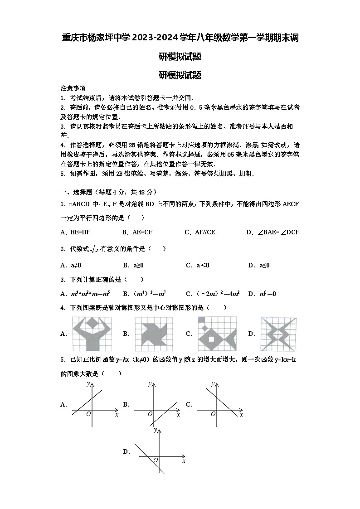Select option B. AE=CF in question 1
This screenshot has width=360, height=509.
pyautogui.click(x=137, y=232)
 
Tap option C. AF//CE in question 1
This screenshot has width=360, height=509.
pyautogui.click(x=200, y=232)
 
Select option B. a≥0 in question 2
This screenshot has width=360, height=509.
pyautogui.click(x=133, y=265)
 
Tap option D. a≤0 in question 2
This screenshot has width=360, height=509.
pyautogui.click(x=259, y=265)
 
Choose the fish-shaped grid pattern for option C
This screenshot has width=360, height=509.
pyautogui.click(x=217, y=334)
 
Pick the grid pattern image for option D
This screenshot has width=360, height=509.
pyautogui.click(x=279, y=334)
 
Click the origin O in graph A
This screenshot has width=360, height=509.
pyautogui.click(x=88, y=414)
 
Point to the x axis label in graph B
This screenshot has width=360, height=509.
pyautogui.click(x=179, y=415)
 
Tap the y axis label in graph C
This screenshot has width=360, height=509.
pyautogui.click(x=212, y=383)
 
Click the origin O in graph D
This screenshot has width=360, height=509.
pyautogui.click(x=156, y=460)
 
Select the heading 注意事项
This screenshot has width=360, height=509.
pyautogui.click(x=73, y=88)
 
